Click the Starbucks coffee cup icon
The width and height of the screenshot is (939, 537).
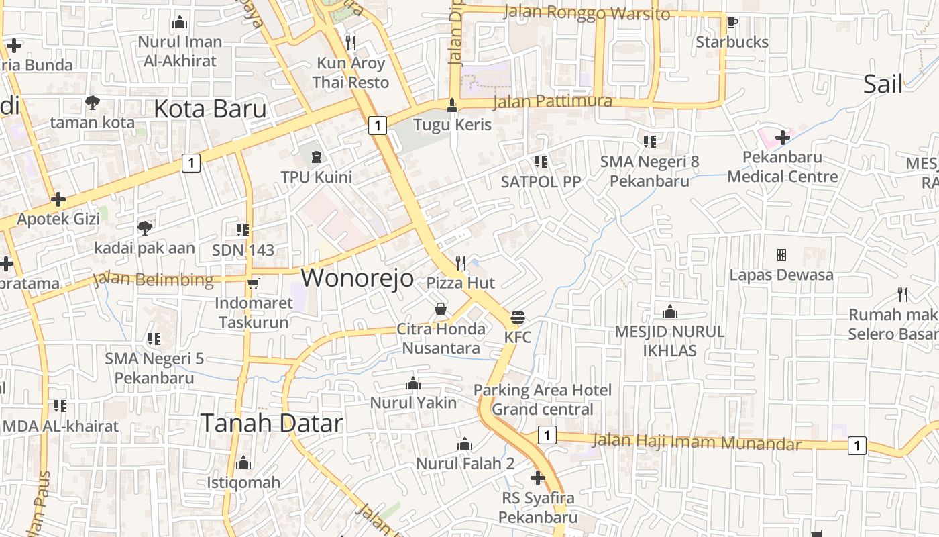(732, 22)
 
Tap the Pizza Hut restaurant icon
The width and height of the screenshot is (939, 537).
(461, 262)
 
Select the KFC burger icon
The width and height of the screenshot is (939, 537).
(517, 317)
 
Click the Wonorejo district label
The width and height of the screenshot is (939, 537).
(357, 277)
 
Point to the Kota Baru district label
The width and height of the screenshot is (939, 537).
(210, 109)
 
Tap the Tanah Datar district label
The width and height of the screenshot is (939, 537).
(272, 423)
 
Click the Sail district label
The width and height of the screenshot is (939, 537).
(883, 84)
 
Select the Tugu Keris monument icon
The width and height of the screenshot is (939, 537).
(453, 105)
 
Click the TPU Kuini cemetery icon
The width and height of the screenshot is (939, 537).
(316, 157)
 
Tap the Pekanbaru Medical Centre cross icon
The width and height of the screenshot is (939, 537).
(782, 138)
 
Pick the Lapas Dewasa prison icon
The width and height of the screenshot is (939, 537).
(781, 255)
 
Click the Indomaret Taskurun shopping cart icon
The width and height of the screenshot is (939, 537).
(253, 283)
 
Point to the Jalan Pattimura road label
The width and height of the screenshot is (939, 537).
(553, 102)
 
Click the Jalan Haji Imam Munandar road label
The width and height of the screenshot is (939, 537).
(697, 442)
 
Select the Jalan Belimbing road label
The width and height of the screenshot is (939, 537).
(154, 279)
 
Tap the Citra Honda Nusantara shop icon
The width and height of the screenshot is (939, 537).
(441, 309)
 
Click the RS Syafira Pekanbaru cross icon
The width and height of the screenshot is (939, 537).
(537, 478)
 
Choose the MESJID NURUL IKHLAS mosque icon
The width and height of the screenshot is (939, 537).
(669, 312)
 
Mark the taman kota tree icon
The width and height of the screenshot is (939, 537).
(93, 103)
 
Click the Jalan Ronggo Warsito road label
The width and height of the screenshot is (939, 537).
(586, 13)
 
